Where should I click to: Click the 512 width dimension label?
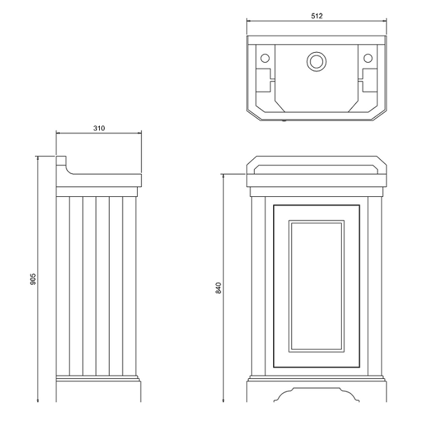tap(317, 16)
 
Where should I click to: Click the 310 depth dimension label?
tap(99, 128)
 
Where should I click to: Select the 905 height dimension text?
tap(33, 279)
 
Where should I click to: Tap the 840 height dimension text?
tap(218, 288)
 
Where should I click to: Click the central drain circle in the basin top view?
tap(317, 61)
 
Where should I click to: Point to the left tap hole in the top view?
tap(265, 58)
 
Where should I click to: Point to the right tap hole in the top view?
tap(368, 58)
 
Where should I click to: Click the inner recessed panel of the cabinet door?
tap(316, 286)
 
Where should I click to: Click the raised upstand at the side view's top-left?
tap(61, 160)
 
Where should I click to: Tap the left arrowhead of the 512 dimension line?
tap(248, 21)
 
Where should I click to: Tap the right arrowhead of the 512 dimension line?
tap(385, 21)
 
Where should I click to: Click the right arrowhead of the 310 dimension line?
tap(140, 133)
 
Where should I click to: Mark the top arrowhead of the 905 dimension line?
tap(38, 158)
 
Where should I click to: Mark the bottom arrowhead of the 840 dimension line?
tap(223, 400)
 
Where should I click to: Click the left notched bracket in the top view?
tap(263, 80)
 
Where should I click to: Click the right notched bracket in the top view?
tap(370, 80)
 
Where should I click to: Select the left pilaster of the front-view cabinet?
tap(258, 286)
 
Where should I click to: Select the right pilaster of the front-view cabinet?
tap(374, 286)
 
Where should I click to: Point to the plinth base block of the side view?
tap(98, 392)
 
